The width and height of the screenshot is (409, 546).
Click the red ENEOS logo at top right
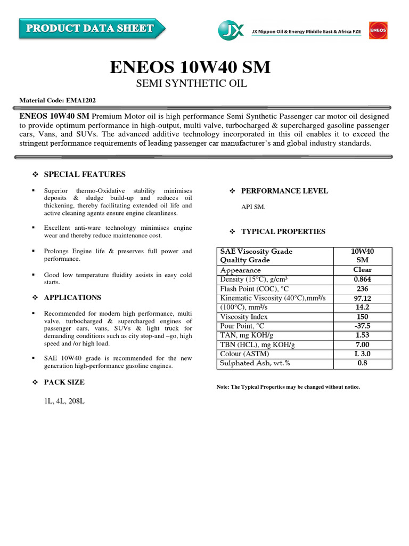378,30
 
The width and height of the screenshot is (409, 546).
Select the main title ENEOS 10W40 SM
190,68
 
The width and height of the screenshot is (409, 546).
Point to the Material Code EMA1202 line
58,100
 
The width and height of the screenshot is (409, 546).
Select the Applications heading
72,298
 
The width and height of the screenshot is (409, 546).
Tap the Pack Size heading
64,382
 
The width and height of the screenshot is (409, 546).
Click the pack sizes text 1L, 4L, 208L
64,400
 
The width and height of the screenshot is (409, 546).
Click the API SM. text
253,207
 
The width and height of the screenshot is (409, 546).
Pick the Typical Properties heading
283,231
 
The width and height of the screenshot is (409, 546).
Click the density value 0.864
362,279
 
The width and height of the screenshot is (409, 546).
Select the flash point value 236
362,288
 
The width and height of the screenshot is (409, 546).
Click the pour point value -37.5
362,326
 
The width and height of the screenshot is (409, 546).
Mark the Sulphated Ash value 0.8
362,363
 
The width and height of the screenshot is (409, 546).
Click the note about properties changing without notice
288,387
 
